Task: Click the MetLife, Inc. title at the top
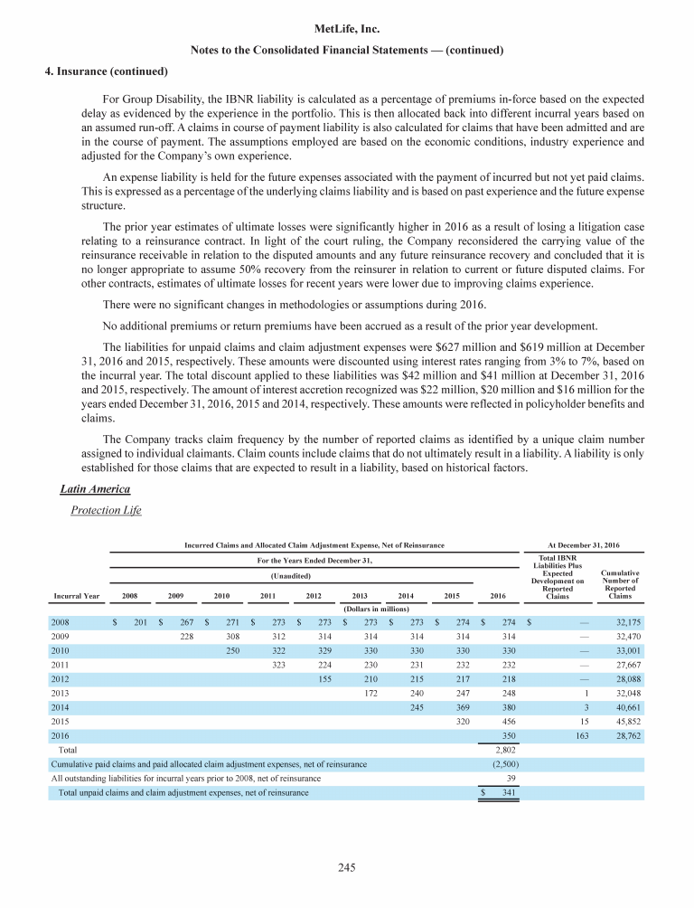[x=347, y=29]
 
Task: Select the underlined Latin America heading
[x=89, y=488]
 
